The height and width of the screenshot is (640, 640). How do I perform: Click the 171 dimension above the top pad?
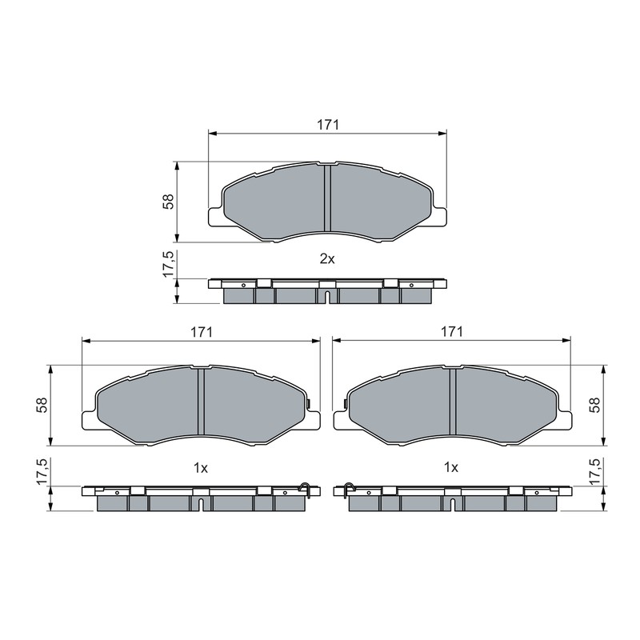click(x=328, y=125)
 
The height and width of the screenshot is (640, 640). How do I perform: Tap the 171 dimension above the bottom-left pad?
click(x=202, y=332)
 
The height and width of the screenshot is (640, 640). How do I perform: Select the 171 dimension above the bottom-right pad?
click(x=451, y=331)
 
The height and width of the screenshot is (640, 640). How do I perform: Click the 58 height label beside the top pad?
click(x=168, y=202)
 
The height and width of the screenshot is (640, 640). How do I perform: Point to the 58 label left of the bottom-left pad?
click(x=42, y=405)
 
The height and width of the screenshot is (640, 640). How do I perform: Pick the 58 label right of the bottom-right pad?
click(x=595, y=405)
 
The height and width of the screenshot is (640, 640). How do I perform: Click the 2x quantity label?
click(x=327, y=258)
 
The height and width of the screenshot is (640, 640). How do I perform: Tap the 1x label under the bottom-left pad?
click(x=201, y=468)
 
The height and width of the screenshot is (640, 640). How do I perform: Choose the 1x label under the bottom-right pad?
click(x=450, y=468)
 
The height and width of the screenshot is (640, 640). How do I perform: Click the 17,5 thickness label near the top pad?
click(x=168, y=265)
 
